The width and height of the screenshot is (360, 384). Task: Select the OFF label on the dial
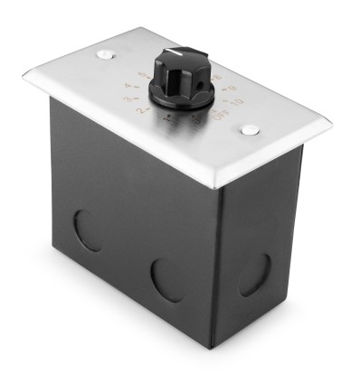coord(220,115)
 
